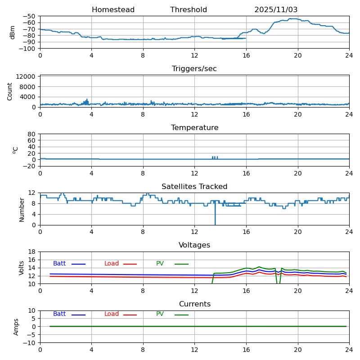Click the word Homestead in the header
(x=113, y=10)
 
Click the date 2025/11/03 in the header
(x=276, y=10)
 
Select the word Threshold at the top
(x=189, y=10)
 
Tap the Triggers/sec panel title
(x=194, y=69)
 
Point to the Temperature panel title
(x=194, y=128)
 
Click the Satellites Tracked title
(x=194, y=187)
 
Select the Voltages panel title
(x=194, y=245)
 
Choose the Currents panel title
(x=194, y=304)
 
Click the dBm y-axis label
(x=13, y=32)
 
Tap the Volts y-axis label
(x=22, y=268)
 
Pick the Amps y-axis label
(x=16, y=327)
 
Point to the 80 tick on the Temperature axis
(x=32, y=134)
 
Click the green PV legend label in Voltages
(x=160, y=264)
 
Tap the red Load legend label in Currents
(x=112, y=314)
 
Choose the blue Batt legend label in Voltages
(x=59, y=264)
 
